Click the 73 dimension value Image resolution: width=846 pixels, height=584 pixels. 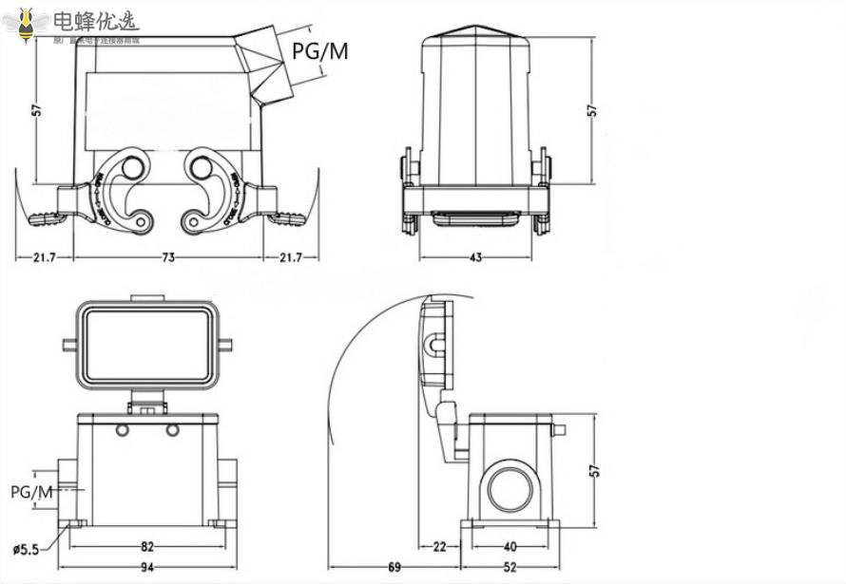tap(167, 257)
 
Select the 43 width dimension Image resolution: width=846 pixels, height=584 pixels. tap(475, 257)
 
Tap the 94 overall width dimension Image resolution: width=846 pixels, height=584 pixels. tap(147, 568)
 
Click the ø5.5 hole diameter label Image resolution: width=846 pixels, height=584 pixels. tap(26, 549)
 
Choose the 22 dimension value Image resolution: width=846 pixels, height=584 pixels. tap(439, 546)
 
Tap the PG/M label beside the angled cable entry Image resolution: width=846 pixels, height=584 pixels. tap(319, 51)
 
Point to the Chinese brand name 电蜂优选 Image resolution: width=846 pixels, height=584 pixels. tap(95, 19)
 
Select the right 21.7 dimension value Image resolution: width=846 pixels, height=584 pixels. tap(290, 257)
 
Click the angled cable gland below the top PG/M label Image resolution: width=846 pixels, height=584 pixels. tap(261, 68)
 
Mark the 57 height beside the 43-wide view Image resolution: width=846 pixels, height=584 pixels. tap(592, 109)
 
